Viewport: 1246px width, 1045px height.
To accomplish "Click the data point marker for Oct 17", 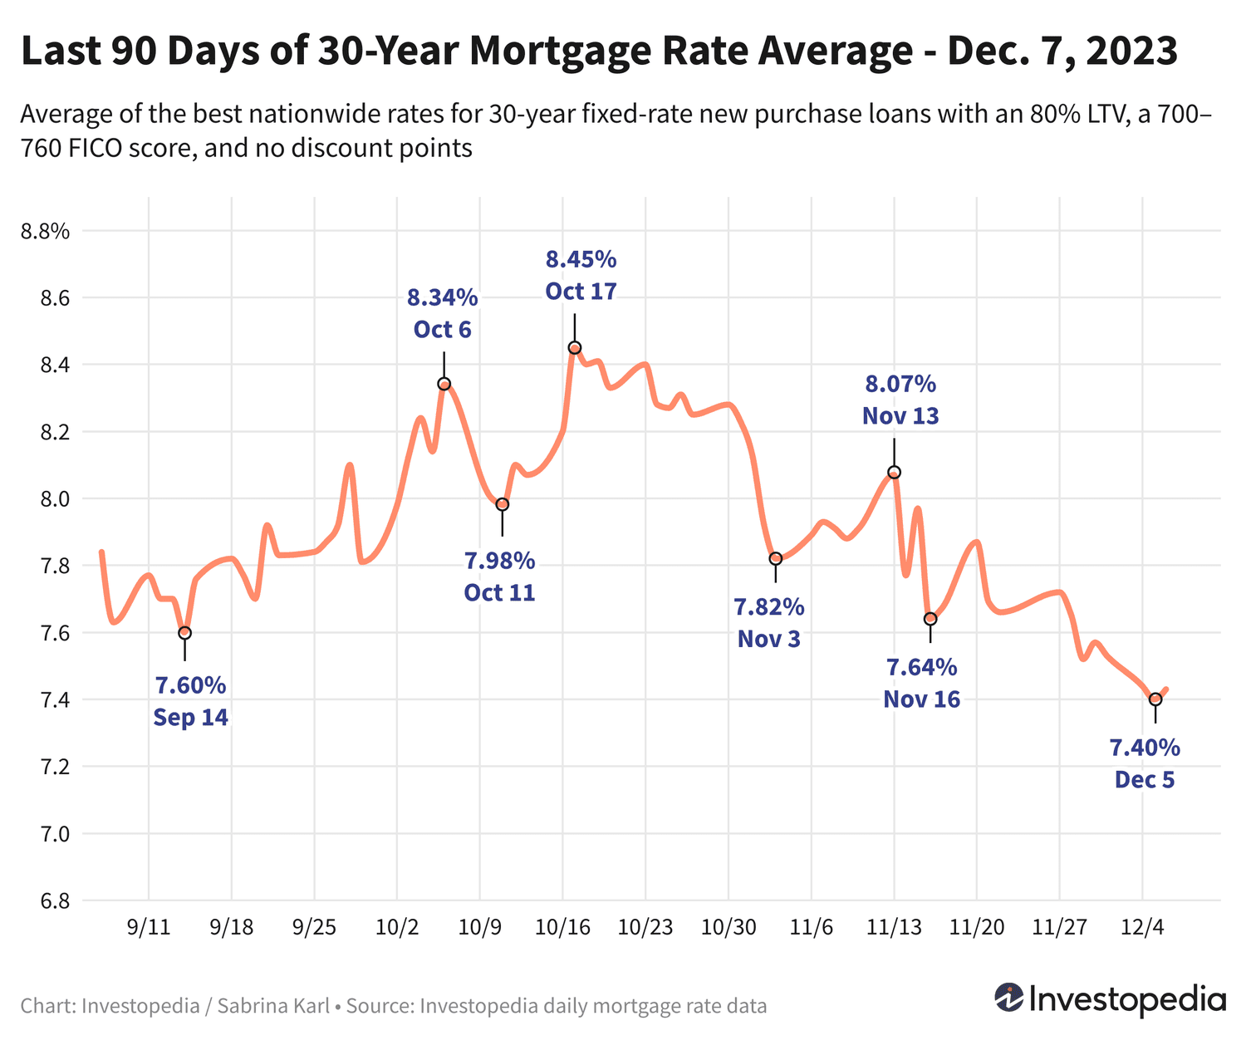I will (574, 347).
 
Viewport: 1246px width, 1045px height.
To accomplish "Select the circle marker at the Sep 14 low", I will (184, 633).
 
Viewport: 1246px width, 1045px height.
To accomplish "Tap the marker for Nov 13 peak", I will (895, 472).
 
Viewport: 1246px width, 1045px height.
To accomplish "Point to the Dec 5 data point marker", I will (1155, 699).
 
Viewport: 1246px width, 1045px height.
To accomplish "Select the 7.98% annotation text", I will (499, 561).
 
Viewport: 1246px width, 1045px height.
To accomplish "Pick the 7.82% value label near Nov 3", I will (769, 607).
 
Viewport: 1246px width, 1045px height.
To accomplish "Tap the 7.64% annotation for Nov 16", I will (921, 667).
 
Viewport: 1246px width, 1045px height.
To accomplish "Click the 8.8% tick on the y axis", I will (45, 231).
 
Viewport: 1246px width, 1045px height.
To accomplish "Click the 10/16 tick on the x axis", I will (562, 928).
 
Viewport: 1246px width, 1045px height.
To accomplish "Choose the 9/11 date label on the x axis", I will (149, 928).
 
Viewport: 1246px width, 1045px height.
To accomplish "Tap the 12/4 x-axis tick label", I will (1142, 928).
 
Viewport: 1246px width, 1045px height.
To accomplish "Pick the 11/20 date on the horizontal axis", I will (976, 928).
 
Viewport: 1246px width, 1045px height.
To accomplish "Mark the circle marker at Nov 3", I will (775, 558).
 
